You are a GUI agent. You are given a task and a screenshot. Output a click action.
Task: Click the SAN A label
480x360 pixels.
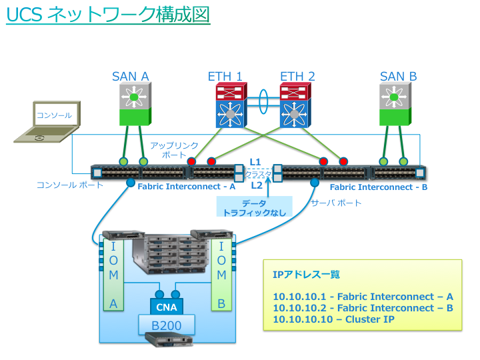(130, 76)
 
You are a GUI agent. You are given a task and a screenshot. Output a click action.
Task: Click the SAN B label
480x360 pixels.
(398, 76)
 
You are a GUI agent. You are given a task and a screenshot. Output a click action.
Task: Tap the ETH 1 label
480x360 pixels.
(225, 76)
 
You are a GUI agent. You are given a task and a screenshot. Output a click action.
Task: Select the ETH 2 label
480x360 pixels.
(297, 76)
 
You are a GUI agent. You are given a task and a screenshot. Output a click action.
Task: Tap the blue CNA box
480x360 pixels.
(167, 307)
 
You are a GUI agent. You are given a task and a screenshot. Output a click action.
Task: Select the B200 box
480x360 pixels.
(167, 326)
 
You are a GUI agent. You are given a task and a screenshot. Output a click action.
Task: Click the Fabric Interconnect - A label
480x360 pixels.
(187, 187)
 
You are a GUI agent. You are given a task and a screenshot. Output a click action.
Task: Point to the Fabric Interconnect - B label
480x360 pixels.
(379, 187)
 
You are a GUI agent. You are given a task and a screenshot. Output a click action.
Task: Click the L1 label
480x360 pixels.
(255, 162)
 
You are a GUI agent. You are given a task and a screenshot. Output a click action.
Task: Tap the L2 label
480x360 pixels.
(256, 186)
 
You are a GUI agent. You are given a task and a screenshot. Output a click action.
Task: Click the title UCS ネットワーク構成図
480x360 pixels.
(108, 15)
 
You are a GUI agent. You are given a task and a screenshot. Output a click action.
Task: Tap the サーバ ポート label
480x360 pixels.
(336, 203)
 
